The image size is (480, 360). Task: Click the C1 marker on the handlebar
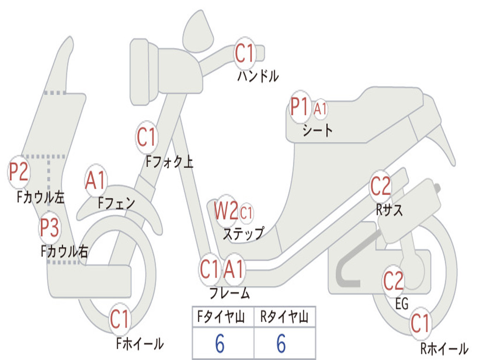pos(245,53)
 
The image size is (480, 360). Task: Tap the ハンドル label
pos(258,76)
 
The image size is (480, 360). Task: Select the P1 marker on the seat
pos(299,107)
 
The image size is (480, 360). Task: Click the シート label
pos(317,130)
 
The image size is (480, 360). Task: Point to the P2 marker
pos(18,172)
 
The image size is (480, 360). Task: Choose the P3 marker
pos(49,228)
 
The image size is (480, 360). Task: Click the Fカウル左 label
pos(41,197)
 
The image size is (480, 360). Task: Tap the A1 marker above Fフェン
pos(95,180)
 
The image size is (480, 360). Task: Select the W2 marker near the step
pos(226,210)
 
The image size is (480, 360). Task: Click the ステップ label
pos(243,234)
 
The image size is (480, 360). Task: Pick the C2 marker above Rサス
pos(380,187)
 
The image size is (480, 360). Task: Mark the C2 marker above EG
pos(393,281)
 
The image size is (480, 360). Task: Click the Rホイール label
pos(444,348)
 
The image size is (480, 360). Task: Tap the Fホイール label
pos(140,344)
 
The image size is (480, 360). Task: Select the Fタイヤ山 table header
pos(221,316)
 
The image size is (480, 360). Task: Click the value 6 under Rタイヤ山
pos(281,343)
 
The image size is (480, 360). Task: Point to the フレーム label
pos(230,293)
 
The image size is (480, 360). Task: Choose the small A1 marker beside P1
pos(320,109)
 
